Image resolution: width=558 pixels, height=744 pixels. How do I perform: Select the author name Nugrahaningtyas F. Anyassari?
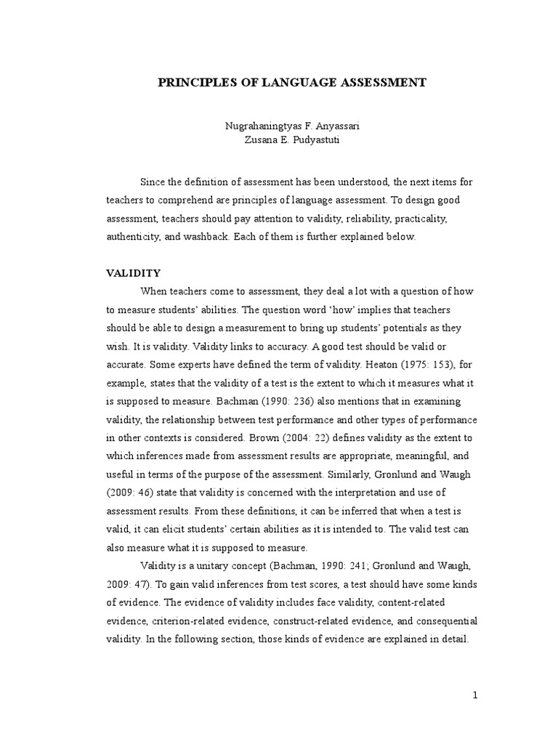tap(291, 126)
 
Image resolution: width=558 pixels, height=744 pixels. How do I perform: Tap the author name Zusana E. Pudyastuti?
tap(291, 140)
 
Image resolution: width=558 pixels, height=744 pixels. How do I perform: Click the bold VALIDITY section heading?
tap(133, 273)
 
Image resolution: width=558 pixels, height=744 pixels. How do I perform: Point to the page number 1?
tap(475, 695)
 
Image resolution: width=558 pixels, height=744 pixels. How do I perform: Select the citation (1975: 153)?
tap(437, 364)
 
